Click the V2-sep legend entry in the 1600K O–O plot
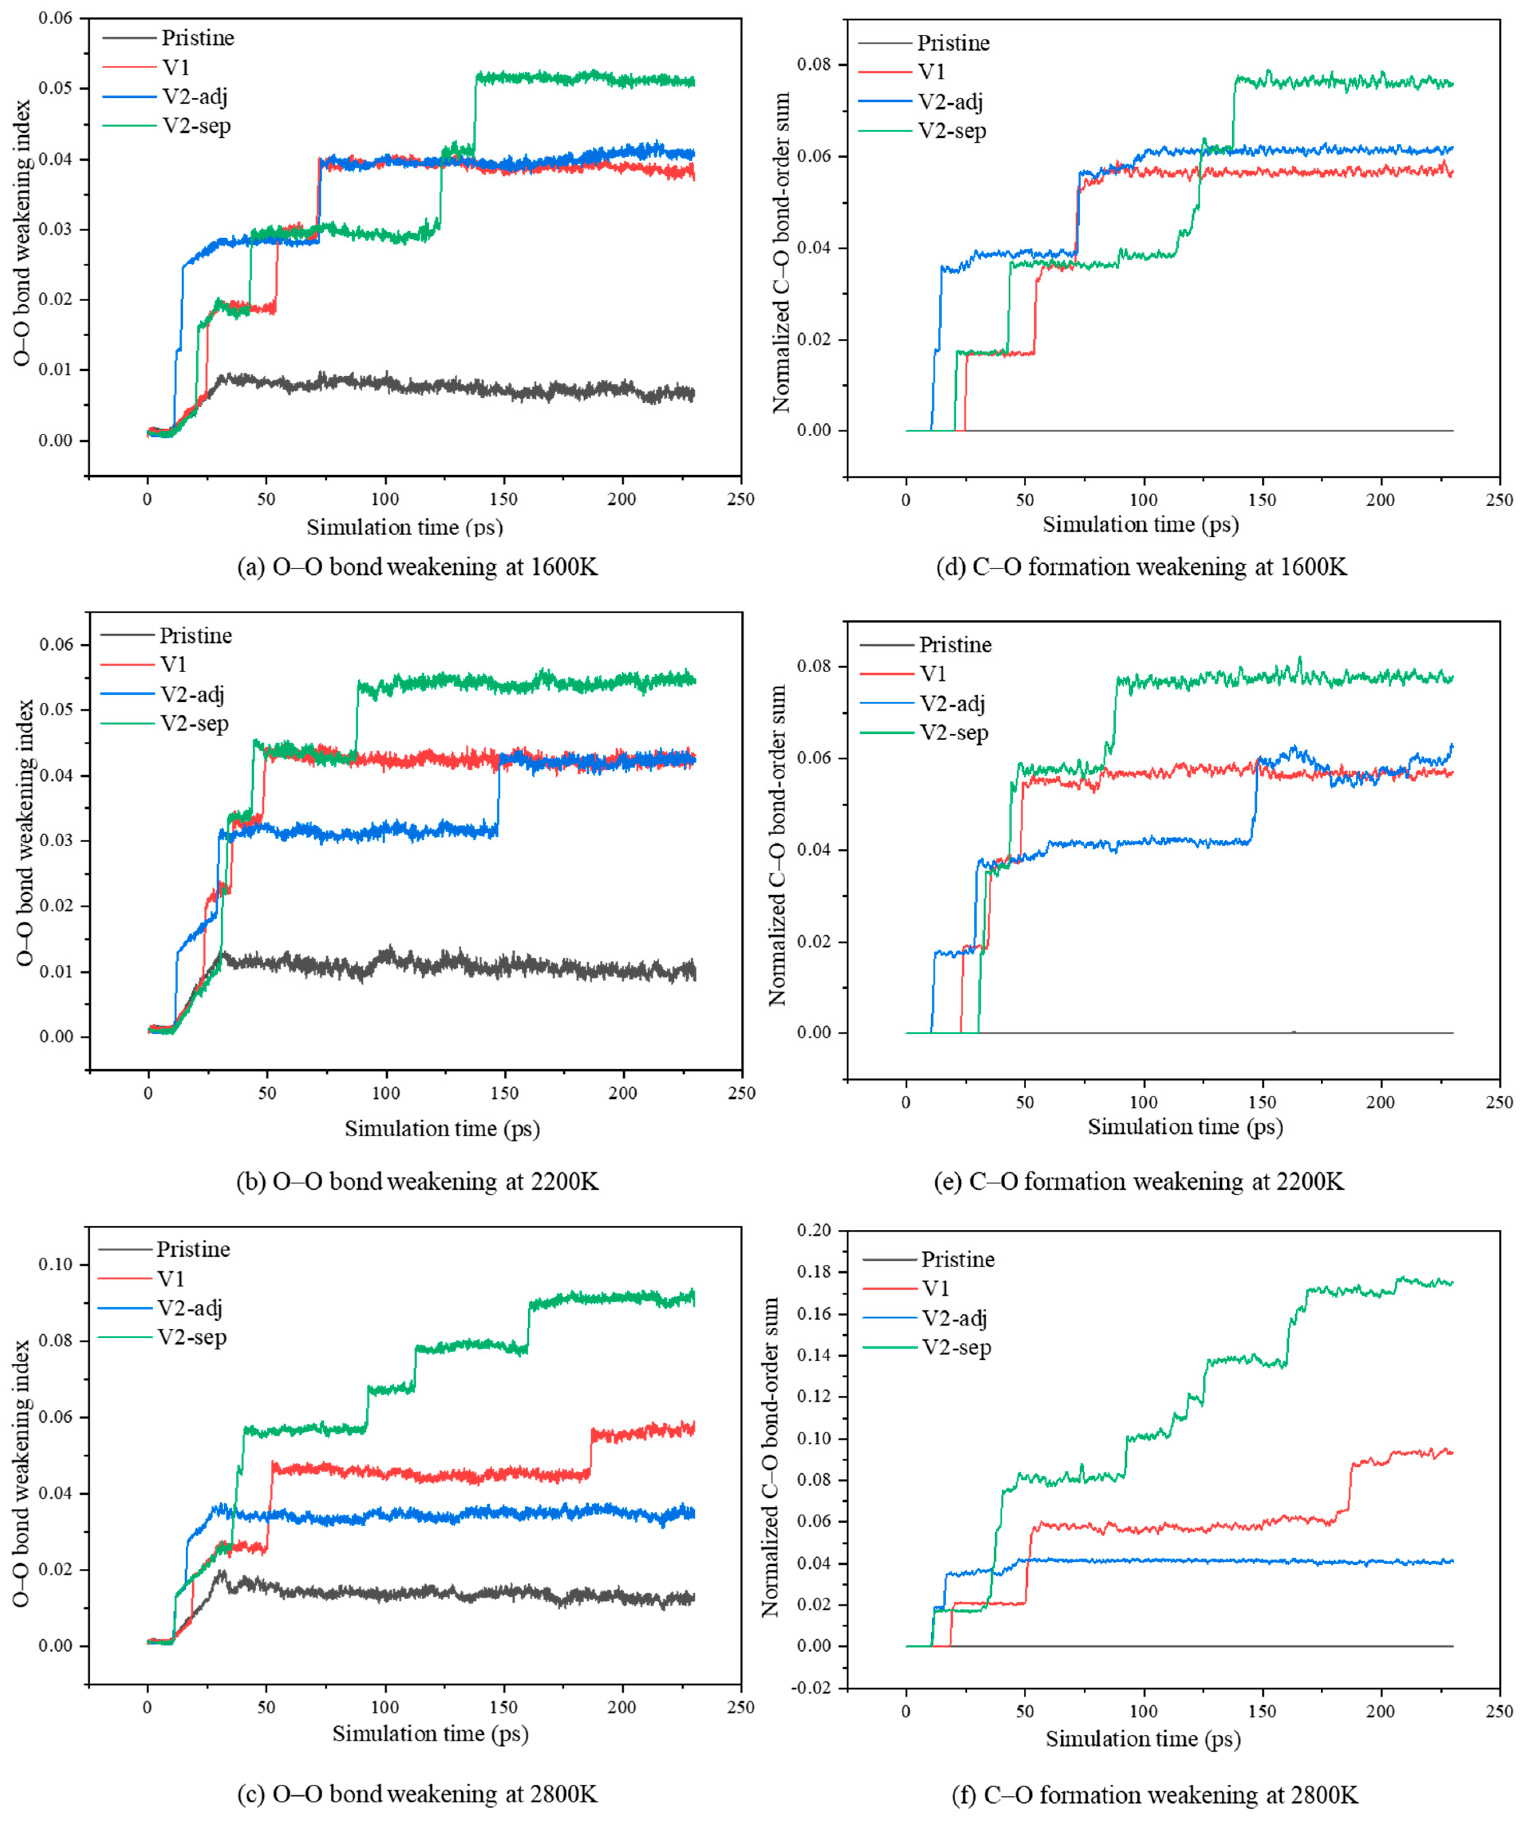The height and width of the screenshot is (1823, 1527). click(x=167, y=126)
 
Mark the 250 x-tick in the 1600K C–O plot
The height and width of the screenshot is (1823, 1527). click(x=1498, y=500)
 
